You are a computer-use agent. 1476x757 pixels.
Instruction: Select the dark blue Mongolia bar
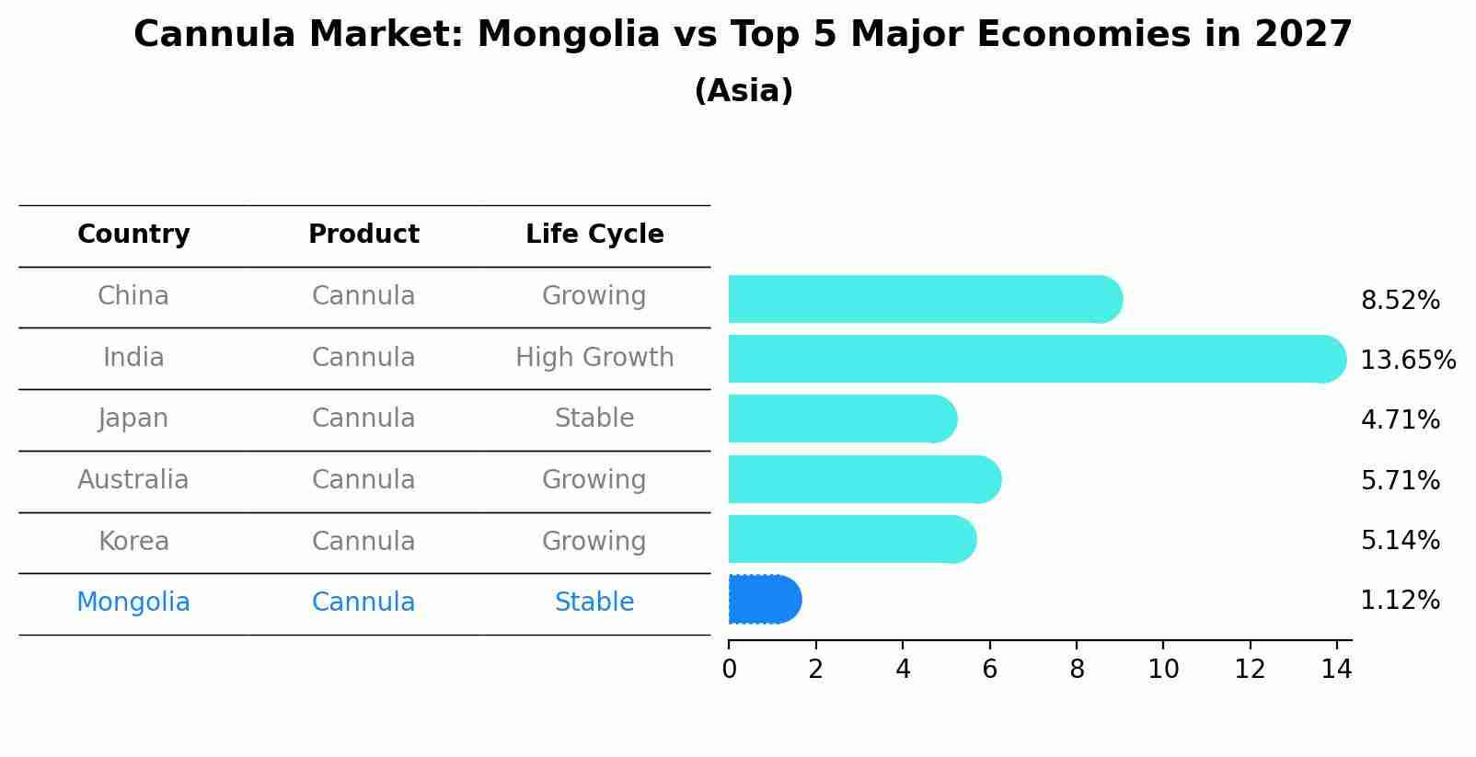tap(764, 600)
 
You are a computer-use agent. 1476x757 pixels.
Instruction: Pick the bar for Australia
tap(864, 479)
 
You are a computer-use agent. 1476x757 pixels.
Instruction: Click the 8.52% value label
tap(1400, 301)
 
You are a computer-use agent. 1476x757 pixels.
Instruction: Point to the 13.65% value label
tap(1407, 360)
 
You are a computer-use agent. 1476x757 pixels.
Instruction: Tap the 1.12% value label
tap(1400, 601)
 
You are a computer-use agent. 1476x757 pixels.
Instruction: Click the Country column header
tap(133, 235)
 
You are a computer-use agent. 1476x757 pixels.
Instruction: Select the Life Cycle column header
tap(594, 235)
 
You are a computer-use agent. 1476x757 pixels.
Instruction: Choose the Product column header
tap(363, 235)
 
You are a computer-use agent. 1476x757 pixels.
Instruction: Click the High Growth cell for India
tap(594, 358)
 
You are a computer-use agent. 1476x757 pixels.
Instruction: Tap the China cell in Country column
tap(133, 296)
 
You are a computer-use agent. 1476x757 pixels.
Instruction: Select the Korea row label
tap(133, 542)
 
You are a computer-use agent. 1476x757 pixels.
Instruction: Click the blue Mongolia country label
tap(133, 602)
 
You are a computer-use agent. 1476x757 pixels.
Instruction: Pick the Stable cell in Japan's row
tap(594, 419)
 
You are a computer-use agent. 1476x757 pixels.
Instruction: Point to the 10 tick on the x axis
tap(1163, 670)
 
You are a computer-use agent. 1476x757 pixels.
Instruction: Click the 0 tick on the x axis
tap(729, 670)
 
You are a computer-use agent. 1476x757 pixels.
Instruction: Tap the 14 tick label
tap(1336, 670)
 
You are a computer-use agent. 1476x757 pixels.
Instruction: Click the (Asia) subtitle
tap(744, 91)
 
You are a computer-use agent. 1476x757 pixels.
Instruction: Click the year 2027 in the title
tap(1303, 35)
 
